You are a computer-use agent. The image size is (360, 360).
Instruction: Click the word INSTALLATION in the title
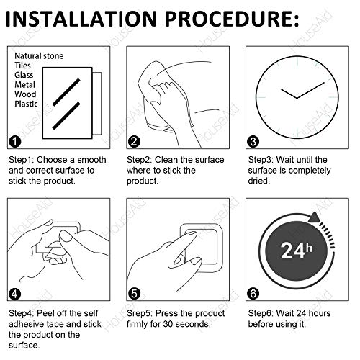point(81,19)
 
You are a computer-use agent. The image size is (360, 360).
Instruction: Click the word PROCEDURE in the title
point(228,19)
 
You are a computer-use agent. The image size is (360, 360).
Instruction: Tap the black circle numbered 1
point(14,142)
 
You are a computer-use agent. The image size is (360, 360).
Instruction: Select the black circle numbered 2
point(134,142)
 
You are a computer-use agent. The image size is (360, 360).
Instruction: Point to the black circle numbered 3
point(253,142)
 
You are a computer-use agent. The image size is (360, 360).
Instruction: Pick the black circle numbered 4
point(14,294)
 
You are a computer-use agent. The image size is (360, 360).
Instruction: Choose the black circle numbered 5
point(134,294)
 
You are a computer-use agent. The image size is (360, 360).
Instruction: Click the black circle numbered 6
point(253,294)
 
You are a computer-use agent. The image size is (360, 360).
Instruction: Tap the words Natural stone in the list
point(39,56)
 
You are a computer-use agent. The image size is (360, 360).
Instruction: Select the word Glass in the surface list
point(24,75)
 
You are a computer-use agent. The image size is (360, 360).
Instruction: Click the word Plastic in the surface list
point(26,104)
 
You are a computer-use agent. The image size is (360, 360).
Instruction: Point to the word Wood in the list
point(25,94)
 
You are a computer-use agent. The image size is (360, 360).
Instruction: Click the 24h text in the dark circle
point(297,250)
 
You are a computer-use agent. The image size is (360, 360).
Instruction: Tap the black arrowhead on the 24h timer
point(314,217)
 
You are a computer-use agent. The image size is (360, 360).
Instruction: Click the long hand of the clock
point(310,91)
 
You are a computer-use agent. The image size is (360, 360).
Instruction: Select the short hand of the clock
point(289,94)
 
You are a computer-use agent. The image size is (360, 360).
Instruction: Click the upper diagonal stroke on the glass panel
point(66,92)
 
